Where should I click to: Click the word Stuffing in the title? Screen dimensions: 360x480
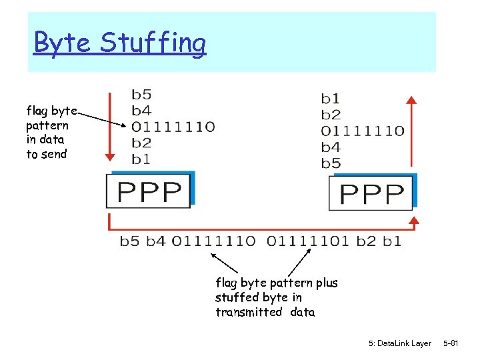click(x=153, y=44)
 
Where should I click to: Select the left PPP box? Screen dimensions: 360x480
click(x=149, y=191)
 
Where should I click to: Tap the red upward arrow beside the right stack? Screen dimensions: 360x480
click(x=412, y=134)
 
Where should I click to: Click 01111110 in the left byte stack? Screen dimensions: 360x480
click(x=173, y=127)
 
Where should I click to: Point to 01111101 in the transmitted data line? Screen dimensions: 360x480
click(x=308, y=241)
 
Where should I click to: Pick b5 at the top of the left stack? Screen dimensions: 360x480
click(x=141, y=94)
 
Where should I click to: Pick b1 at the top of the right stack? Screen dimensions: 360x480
click(x=331, y=99)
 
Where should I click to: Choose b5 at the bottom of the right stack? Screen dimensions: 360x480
click(x=331, y=163)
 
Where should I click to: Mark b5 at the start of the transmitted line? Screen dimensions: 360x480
click(x=130, y=241)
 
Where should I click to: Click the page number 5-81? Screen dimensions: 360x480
click(x=451, y=343)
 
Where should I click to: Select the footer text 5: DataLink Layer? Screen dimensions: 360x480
click(x=399, y=343)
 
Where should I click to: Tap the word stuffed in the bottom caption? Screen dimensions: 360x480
click(x=237, y=297)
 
